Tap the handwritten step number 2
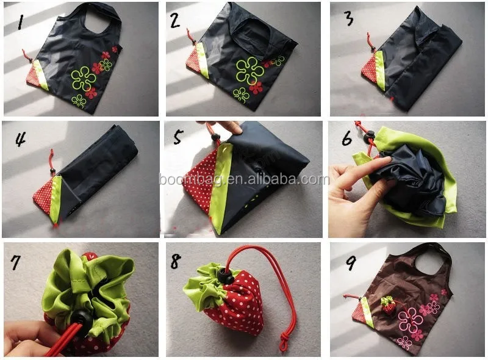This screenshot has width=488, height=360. coord(175,21)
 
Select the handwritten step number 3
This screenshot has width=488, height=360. coord(348,18)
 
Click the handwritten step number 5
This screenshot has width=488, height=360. coord(178,136)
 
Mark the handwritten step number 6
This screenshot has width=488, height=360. coord(347,138)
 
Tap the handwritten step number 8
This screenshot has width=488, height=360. coord(176,261)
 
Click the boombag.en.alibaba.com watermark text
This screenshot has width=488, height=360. coord(244,179)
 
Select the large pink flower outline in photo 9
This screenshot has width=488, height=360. coord(415,321)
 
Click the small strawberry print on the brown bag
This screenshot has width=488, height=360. coord(388,304)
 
